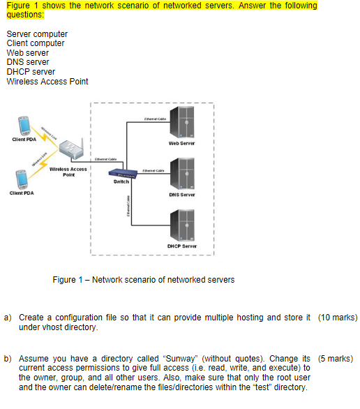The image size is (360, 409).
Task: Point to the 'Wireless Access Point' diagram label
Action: pos(68,172)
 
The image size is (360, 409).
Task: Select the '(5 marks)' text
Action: pos(337,358)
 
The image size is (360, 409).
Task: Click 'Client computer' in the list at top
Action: pos(35,43)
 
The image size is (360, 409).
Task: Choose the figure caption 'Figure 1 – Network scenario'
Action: pos(144,280)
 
